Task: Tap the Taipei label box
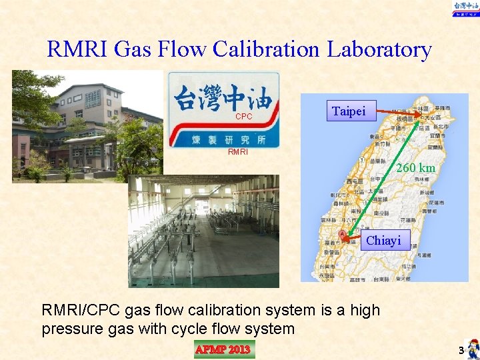tap(349, 111)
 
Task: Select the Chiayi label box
tap(383, 240)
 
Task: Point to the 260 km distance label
tap(416, 168)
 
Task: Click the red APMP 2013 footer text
tap(223, 349)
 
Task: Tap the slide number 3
tap(460, 350)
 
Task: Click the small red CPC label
tap(243, 117)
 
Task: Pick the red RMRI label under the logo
tap(238, 151)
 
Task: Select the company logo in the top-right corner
tap(465, 8)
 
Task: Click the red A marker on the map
tap(342, 235)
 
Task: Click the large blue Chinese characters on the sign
tap(223, 99)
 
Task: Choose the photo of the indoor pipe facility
tap(203, 231)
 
